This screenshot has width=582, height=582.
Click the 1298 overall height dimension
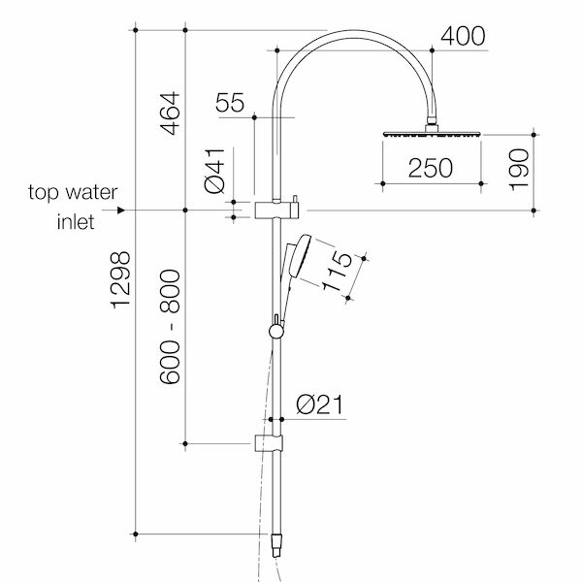pyautogui.click(x=121, y=280)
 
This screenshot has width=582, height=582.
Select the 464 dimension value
pyautogui.click(x=171, y=113)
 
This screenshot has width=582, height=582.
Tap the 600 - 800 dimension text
pyautogui.click(x=171, y=327)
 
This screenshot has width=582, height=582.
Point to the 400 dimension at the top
pyautogui.click(x=463, y=36)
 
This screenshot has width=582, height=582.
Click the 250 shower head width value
pyautogui.click(x=431, y=168)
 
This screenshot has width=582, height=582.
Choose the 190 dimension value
pyautogui.click(x=519, y=170)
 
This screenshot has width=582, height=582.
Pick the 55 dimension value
pyautogui.click(x=230, y=103)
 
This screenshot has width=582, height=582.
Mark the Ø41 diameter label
pyautogui.click(x=215, y=171)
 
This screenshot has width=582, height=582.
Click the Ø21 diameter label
pyautogui.click(x=320, y=404)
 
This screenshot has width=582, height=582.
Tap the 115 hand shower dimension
pyautogui.click(x=337, y=271)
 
